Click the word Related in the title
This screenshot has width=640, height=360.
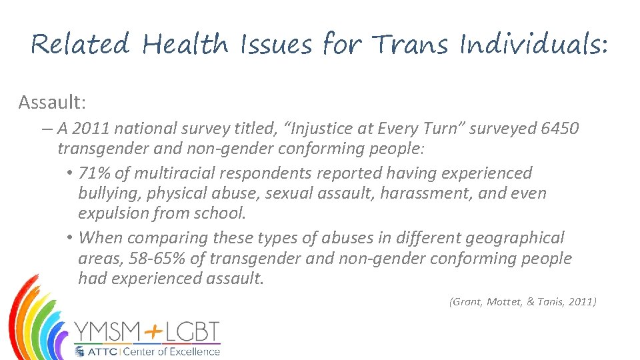tap(81, 45)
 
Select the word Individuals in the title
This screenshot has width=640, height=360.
tap(533, 45)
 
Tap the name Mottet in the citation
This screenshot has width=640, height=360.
tap(505, 302)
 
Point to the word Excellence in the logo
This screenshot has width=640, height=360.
tap(194, 351)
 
